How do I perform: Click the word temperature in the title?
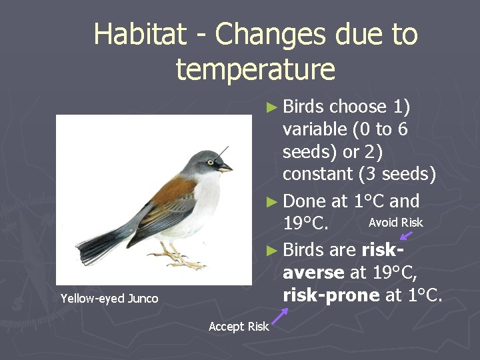click(255, 69)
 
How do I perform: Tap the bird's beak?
click(226, 168)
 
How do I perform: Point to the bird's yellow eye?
click(211, 162)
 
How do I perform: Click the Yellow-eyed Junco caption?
click(109, 299)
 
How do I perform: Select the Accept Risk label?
click(238, 326)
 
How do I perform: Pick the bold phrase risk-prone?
click(331, 295)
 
